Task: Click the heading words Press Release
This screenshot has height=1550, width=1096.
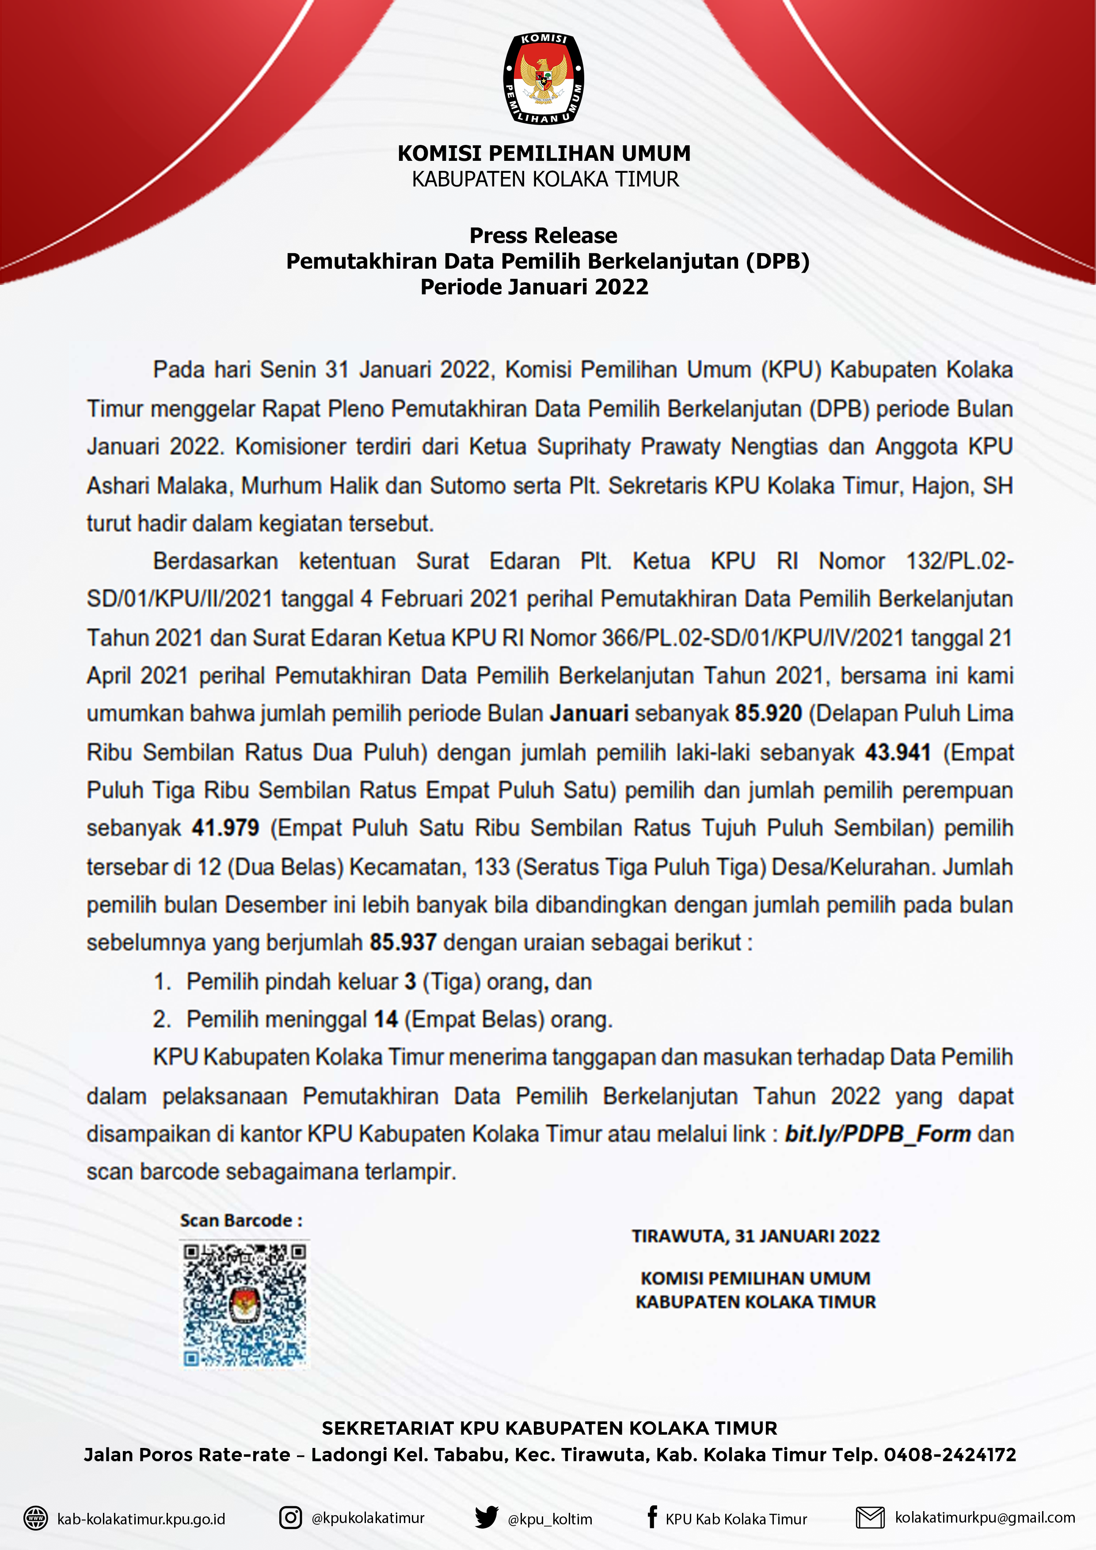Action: tap(543, 236)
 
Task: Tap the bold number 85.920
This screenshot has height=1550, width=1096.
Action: tap(768, 714)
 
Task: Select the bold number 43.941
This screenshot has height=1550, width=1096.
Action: tap(898, 752)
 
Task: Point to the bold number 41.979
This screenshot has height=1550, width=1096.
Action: tap(225, 828)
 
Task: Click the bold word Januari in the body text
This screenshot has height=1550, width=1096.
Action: tap(589, 714)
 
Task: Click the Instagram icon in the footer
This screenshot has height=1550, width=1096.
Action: tap(290, 1518)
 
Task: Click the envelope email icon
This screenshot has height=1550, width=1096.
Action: tap(870, 1518)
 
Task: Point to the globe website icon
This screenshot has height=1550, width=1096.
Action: tap(36, 1518)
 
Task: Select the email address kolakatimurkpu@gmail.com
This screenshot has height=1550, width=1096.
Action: tap(985, 1518)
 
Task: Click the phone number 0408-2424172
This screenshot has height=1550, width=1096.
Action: tap(949, 1455)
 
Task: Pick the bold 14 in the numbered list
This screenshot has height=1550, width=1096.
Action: tap(386, 1019)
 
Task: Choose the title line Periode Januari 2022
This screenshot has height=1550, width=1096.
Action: tap(534, 287)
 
